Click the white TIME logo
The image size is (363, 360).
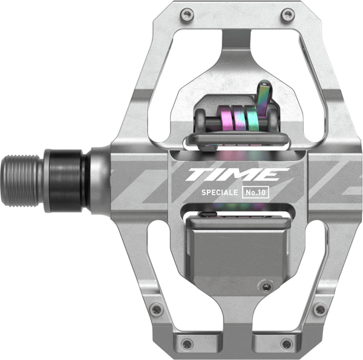coord(237,174)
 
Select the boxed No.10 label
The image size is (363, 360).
coord(255,192)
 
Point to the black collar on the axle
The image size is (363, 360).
coord(66,181)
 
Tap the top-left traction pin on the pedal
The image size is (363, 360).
coord(186,15)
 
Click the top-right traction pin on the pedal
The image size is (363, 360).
coord(288,15)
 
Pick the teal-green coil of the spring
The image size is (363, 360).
coord(252,118)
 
